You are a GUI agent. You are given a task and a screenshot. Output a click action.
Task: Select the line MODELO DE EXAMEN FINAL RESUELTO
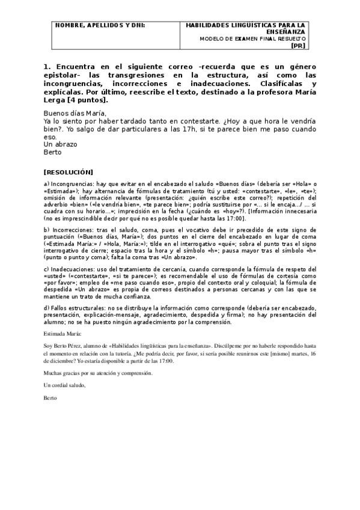click(x=252, y=38)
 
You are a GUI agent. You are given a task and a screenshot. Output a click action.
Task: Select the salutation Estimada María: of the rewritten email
click(x=62, y=332)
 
